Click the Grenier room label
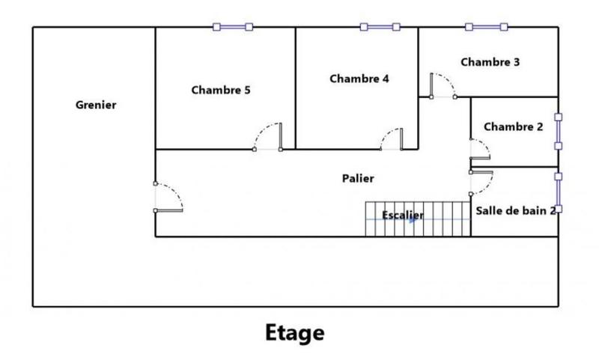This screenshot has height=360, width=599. coord(96,106)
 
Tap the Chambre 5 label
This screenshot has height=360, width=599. coord(221,91)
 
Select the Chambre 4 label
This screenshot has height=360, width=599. coord(359,78)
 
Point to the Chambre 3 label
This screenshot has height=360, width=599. coord(490,62)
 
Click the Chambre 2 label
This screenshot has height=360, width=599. coord(514,126)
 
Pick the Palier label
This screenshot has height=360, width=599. coord(358,178)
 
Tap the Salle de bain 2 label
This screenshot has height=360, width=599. coord(516,210)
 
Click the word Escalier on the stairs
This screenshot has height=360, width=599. coord(403,216)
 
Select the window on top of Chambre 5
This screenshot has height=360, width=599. coord(233,27)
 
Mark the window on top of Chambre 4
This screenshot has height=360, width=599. coord(380,27)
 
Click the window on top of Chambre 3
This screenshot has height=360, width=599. coord(486,27)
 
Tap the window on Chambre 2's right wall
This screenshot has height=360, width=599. coord(558,132)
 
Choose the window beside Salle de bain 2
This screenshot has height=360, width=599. coord(558,192)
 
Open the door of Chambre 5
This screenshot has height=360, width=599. coord(268,137)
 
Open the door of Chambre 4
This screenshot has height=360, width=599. coord(392,139)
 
